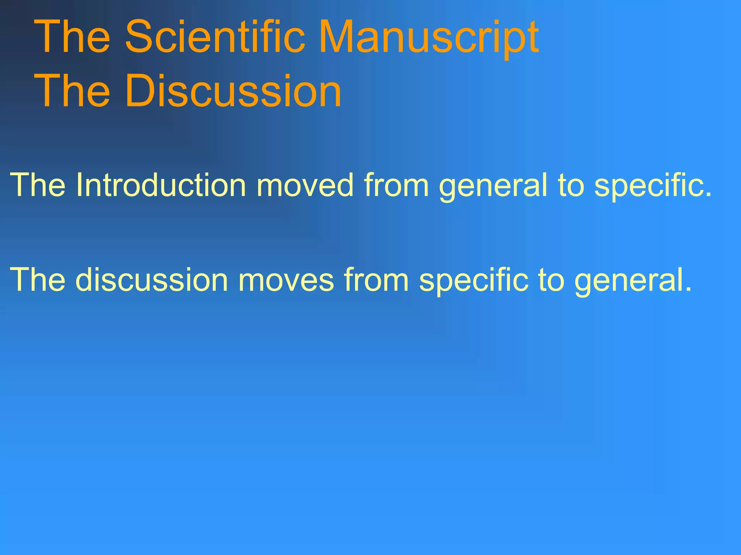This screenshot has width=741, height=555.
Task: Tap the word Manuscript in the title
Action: (429, 38)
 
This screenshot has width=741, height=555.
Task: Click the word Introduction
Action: (161, 185)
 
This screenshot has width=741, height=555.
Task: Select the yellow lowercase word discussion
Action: (152, 280)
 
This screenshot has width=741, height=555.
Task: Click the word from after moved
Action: (397, 185)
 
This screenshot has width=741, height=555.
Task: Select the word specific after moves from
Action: (474, 280)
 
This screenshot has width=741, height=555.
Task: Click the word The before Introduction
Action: (38, 185)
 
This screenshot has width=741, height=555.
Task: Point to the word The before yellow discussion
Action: (38, 280)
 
